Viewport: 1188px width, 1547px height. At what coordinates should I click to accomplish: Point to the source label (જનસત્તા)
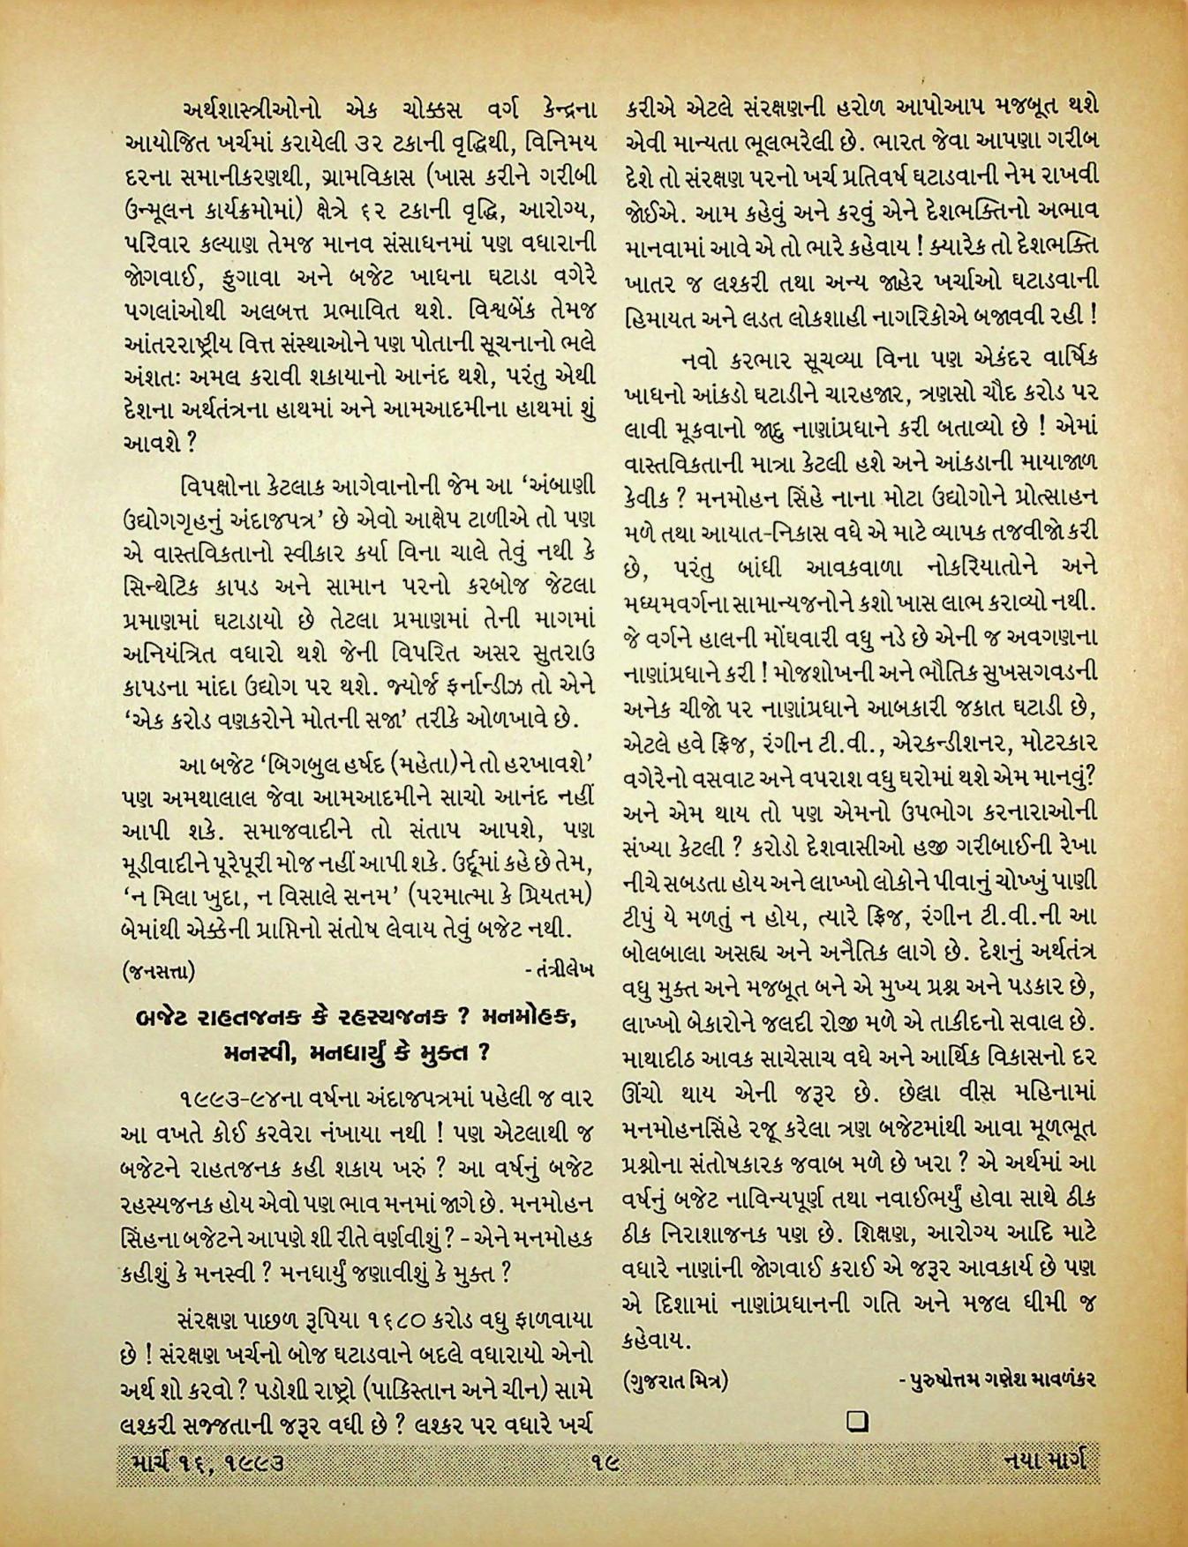pos(159,971)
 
